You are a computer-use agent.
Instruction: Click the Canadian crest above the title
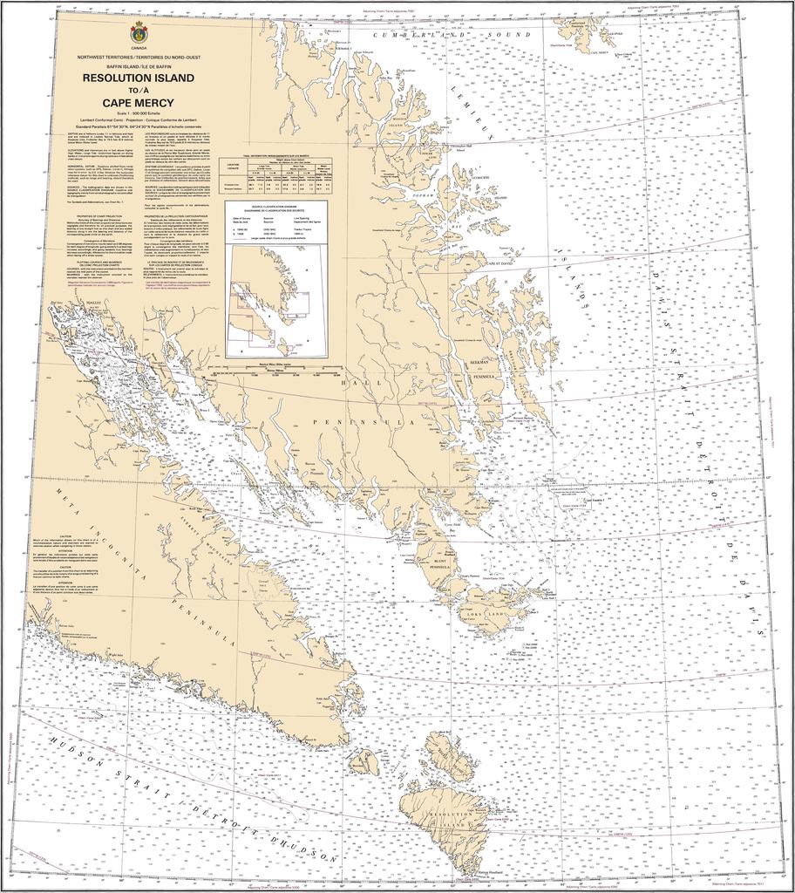tap(139, 34)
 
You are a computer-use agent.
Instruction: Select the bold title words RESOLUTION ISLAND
tap(139, 78)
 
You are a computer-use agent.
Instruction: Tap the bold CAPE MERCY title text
tap(139, 102)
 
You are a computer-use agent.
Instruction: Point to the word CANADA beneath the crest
tap(139, 50)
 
